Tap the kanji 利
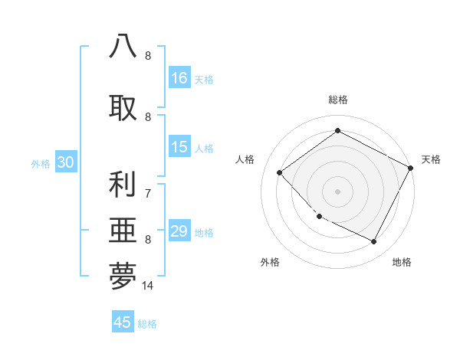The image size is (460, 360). click(123, 185)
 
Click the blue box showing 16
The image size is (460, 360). click(179, 78)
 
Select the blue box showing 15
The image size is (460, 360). click(179, 148)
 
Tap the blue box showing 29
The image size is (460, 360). click(179, 232)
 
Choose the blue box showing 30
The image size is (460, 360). click(65, 162)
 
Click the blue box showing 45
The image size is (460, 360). click(123, 322)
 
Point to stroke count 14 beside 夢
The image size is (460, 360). click(148, 286)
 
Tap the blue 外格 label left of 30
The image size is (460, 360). click(41, 163)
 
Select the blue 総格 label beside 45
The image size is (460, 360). click(147, 323)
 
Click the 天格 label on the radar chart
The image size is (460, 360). click(431, 159)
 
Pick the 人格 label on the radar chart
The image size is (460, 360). click(245, 159)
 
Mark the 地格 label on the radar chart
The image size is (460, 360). click(402, 262)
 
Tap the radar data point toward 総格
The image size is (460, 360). click(337, 131)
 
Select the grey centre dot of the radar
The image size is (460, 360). click(337, 191)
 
